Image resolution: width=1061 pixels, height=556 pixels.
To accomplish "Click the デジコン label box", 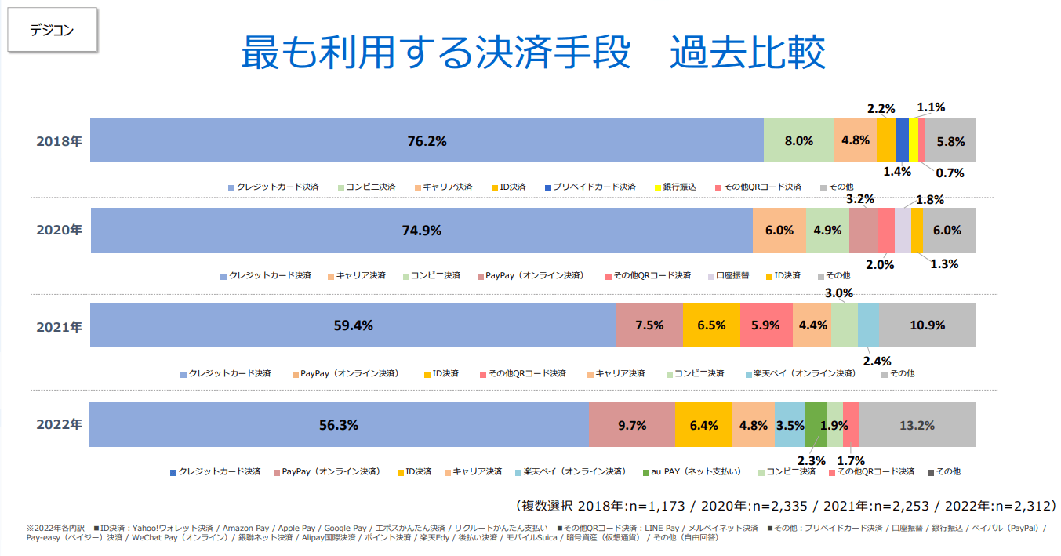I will click(x=52, y=31).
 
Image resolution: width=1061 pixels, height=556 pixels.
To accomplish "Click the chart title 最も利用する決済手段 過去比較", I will click(x=532, y=53).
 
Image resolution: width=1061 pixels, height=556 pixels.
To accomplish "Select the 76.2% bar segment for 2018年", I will click(x=427, y=140).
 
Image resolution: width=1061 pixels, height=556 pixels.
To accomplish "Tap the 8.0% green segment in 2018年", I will click(x=798, y=140).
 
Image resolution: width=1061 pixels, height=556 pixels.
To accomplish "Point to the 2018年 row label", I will click(x=59, y=141).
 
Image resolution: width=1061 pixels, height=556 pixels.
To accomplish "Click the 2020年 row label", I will click(x=59, y=231).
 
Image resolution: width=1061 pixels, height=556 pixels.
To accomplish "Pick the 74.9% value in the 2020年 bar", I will click(x=422, y=231).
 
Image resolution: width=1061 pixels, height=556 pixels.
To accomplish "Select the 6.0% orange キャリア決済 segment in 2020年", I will click(x=779, y=231).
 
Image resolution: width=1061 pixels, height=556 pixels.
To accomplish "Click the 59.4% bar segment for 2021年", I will click(x=352, y=325).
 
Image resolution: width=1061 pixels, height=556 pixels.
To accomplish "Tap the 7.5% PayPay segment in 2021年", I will click(x=649, y=325).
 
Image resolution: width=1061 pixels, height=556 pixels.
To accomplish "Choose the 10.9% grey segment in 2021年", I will click(x=928, y=325).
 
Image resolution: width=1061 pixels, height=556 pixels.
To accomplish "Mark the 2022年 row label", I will click(x=59, y=424).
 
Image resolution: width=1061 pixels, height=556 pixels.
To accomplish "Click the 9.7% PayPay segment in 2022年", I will click(x=631, y=425).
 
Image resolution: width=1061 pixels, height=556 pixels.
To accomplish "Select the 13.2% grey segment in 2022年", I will click(x=917, y=425).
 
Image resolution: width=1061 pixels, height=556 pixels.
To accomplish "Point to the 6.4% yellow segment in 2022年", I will click(x=703, y=425).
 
